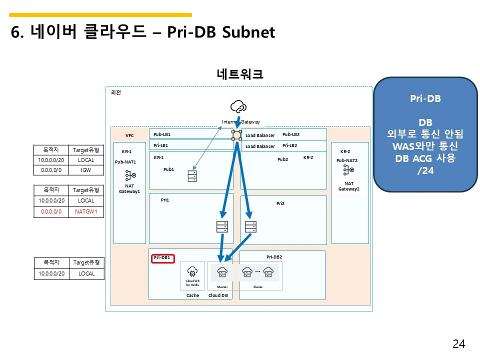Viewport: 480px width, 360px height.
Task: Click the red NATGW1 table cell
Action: [86, 211]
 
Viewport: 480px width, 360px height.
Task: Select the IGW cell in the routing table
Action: [86, 170]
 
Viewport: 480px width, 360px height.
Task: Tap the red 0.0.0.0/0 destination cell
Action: [51, 211]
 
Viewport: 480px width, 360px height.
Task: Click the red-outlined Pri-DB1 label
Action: [162, 257]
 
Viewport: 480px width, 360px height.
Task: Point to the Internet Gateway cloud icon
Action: [238, 106]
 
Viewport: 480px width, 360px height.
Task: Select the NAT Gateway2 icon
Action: [348, 170]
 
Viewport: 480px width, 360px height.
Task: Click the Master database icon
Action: [222, 272]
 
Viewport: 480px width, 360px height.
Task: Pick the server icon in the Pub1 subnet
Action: [192, 176]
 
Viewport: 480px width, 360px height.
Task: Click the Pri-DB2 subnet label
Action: [274, 257]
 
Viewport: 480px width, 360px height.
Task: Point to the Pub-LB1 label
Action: [162, 134]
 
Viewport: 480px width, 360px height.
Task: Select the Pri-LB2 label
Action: [290, 145]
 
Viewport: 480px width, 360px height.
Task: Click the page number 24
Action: [458, 343]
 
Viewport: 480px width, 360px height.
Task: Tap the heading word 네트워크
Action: [240, 74]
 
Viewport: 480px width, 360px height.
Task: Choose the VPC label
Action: [129, 135]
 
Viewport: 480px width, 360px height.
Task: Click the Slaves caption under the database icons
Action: [258, 287]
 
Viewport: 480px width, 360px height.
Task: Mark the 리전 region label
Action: [115, 92]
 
